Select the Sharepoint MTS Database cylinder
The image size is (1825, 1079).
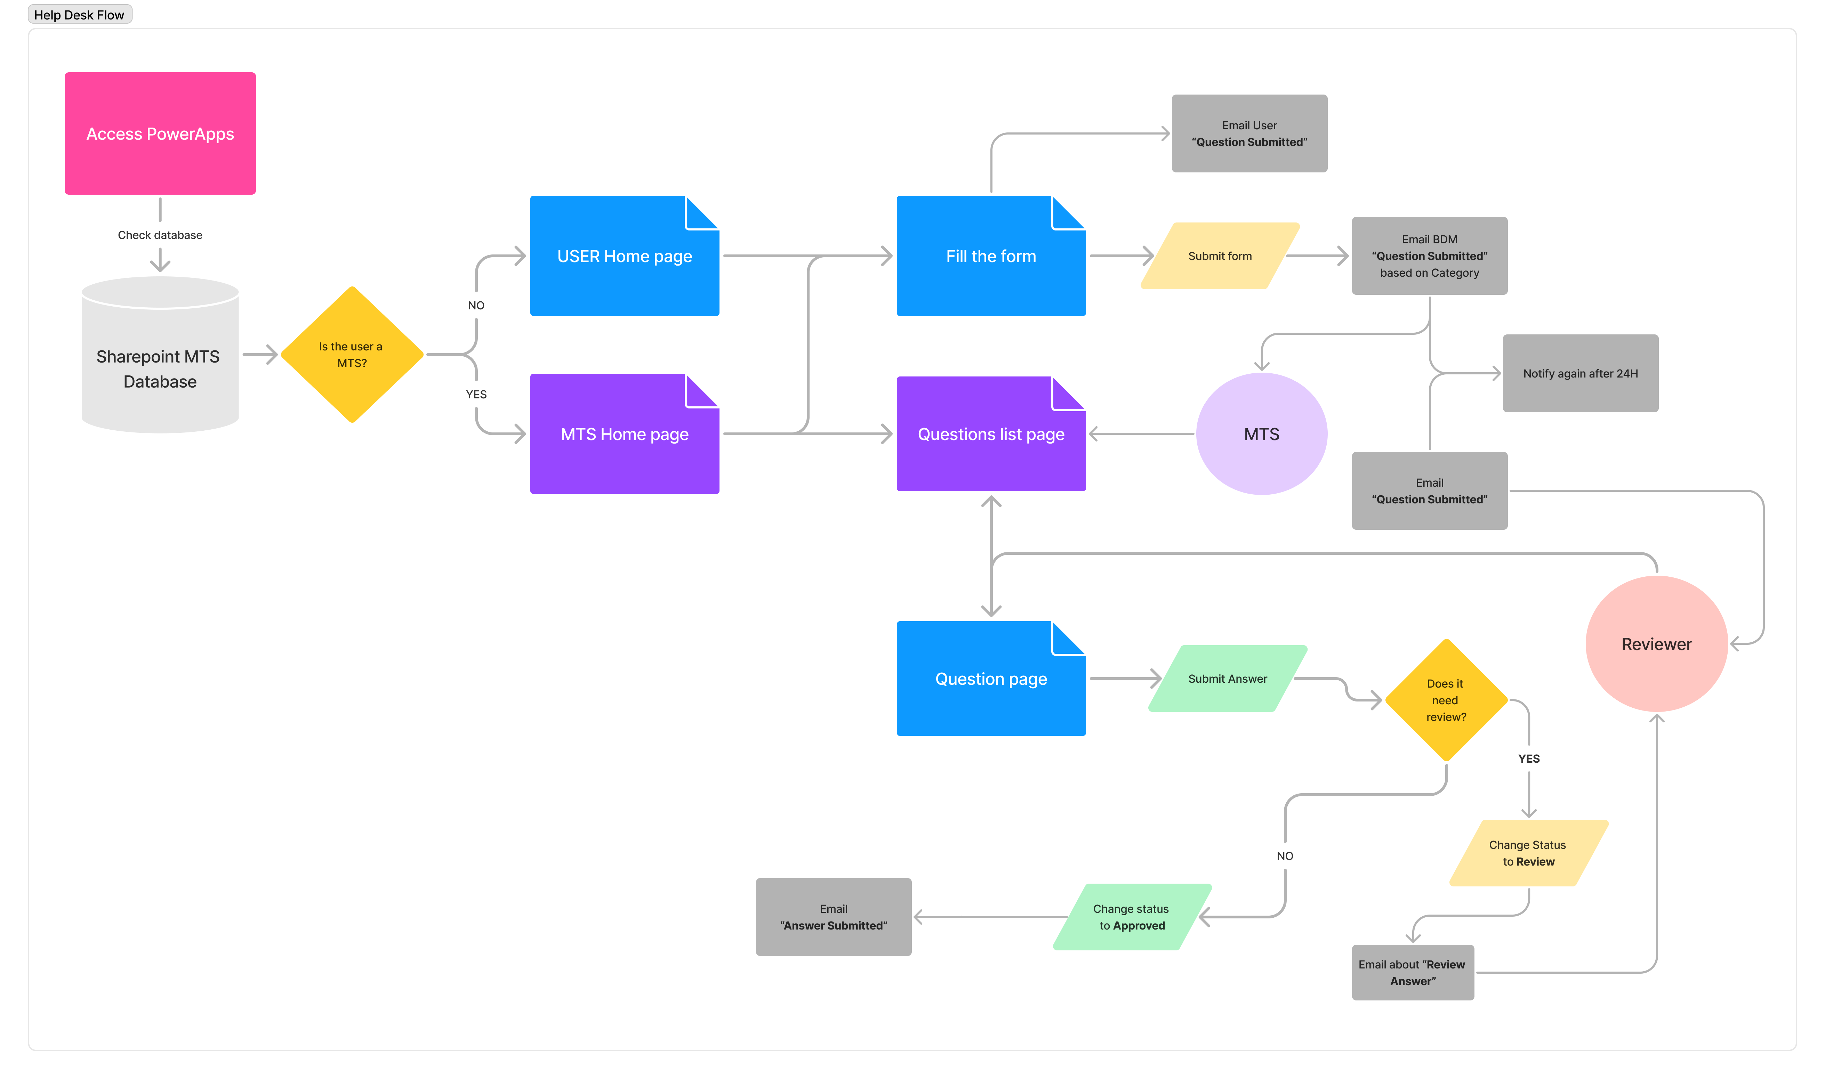160,355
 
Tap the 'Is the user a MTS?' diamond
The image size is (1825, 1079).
352,355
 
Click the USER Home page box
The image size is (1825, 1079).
625,256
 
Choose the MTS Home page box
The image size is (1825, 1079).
625,434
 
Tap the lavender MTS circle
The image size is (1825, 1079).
1262,434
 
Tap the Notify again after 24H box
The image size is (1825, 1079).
1581,373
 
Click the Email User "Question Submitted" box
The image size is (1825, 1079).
1249,133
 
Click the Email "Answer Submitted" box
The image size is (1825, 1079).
834,917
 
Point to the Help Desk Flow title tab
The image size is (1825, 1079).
79,15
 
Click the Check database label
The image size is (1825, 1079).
160,235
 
